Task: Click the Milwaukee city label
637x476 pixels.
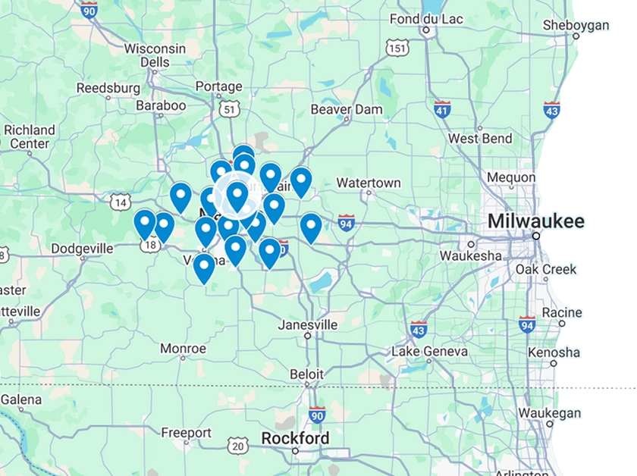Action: click(536, 221)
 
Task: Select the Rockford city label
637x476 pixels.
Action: click(295, 439)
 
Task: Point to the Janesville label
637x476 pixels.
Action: click(308, 324)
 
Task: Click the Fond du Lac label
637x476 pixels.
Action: click(425, 19)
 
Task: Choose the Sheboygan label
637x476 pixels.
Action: click(576, 26)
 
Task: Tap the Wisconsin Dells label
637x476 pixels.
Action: click(155, 55)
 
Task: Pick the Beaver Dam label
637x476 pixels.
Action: click(347, 109)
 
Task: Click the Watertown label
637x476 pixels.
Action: click(369, 183)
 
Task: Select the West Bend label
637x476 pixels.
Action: click(479, 139)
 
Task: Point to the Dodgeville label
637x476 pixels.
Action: click(82, 248)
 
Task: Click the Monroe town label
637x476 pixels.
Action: click(183, 349)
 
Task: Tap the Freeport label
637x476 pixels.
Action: click(186, 433)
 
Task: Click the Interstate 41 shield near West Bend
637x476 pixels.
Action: click(443, 109)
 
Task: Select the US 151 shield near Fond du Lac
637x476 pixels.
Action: click(396, 48)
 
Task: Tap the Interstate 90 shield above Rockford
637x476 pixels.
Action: click(317, 415)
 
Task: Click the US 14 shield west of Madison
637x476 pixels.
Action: click(119, 202)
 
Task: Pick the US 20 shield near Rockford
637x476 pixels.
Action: click(238, 446)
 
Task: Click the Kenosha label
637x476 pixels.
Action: click(554, 352)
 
